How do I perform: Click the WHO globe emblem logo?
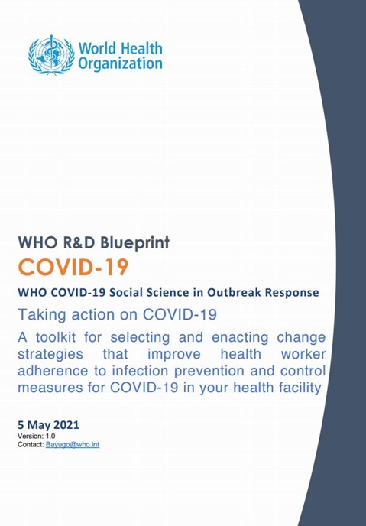pos(51,54)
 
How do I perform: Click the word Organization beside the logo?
pos(121,64)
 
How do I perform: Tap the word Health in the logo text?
pos(141,48)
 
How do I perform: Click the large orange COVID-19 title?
pos(73,268)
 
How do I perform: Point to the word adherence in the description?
pos(50,371)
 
